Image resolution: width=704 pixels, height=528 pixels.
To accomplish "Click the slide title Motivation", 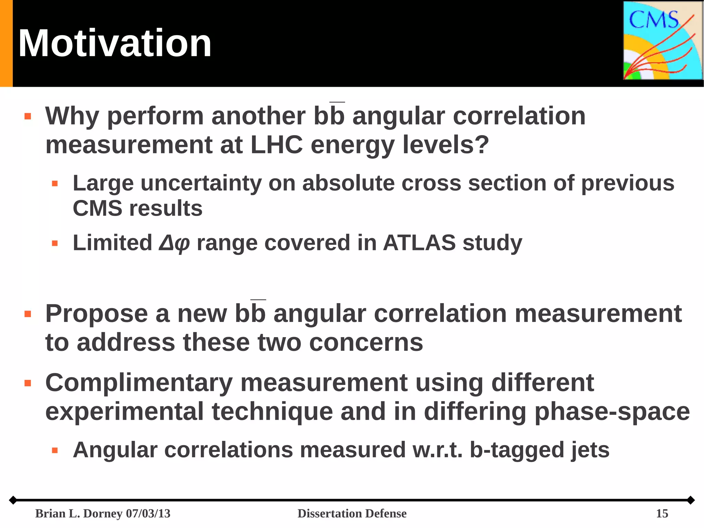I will click(114, 44).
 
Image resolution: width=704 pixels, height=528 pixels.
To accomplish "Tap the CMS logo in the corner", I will click(662, 41).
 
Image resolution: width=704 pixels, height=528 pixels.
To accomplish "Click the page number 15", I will click(662, 514).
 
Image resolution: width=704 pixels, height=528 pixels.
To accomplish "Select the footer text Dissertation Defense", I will click(352, 514).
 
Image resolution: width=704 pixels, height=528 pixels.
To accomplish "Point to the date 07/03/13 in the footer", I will click(148, 514).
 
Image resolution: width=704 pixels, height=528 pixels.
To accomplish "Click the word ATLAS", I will click(419, 243).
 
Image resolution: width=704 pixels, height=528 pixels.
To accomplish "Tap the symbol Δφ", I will click(174, 244).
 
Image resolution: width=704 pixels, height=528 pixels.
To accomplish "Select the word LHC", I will click(276, 145).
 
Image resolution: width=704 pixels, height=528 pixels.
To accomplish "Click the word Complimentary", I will click(139, 383).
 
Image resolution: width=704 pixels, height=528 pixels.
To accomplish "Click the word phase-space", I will click(612, 412).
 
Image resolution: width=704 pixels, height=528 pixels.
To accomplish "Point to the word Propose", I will click(97, 314).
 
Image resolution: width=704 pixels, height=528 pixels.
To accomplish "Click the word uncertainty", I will click(201, 183).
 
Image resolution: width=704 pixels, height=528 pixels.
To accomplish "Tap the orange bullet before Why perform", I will click(28, 116).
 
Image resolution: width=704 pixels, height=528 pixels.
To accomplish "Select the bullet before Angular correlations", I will click(55, 450).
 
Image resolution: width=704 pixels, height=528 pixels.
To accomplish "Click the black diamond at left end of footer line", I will click(13, 500).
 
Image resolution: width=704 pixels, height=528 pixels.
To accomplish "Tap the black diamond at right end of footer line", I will click(691, 500).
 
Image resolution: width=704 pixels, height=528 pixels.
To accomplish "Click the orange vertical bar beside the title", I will click(6, 43).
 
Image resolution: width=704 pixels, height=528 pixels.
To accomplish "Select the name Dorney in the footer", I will click(103, 514).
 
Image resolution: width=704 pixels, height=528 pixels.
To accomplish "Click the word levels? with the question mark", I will click(445, 145).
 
